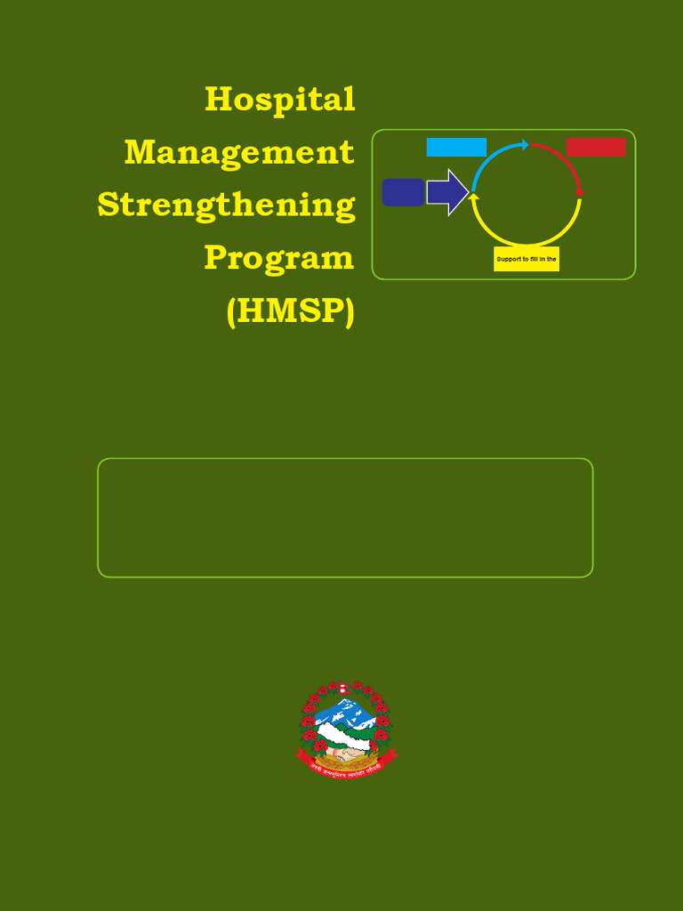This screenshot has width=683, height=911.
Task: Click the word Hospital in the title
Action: [x=279, y=99]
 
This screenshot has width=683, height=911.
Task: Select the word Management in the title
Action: [x=239, y=152]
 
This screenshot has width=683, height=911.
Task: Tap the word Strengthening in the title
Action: [x=226, y=205]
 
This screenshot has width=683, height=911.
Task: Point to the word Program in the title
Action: [x=278, y=258]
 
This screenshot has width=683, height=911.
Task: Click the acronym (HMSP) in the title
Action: [x=290, y=311]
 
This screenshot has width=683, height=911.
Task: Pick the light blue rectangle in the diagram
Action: [x=456, y=148]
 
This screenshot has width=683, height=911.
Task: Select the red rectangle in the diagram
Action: [x=596, y=148]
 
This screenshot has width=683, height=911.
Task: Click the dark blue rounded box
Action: [x=403, y=192]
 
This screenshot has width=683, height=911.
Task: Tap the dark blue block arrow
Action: [x=446, y=192]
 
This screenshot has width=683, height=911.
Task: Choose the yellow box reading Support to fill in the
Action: [x=526, y=259]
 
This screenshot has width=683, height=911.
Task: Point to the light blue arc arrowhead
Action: [x=526, y=144]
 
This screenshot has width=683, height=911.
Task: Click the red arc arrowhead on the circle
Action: [x=580, y=192]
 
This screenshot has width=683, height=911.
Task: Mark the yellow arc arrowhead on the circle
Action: [x=474, y=196]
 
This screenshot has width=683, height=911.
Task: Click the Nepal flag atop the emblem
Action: [x=343, y=689]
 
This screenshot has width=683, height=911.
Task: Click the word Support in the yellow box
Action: [x=507, y=259]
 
